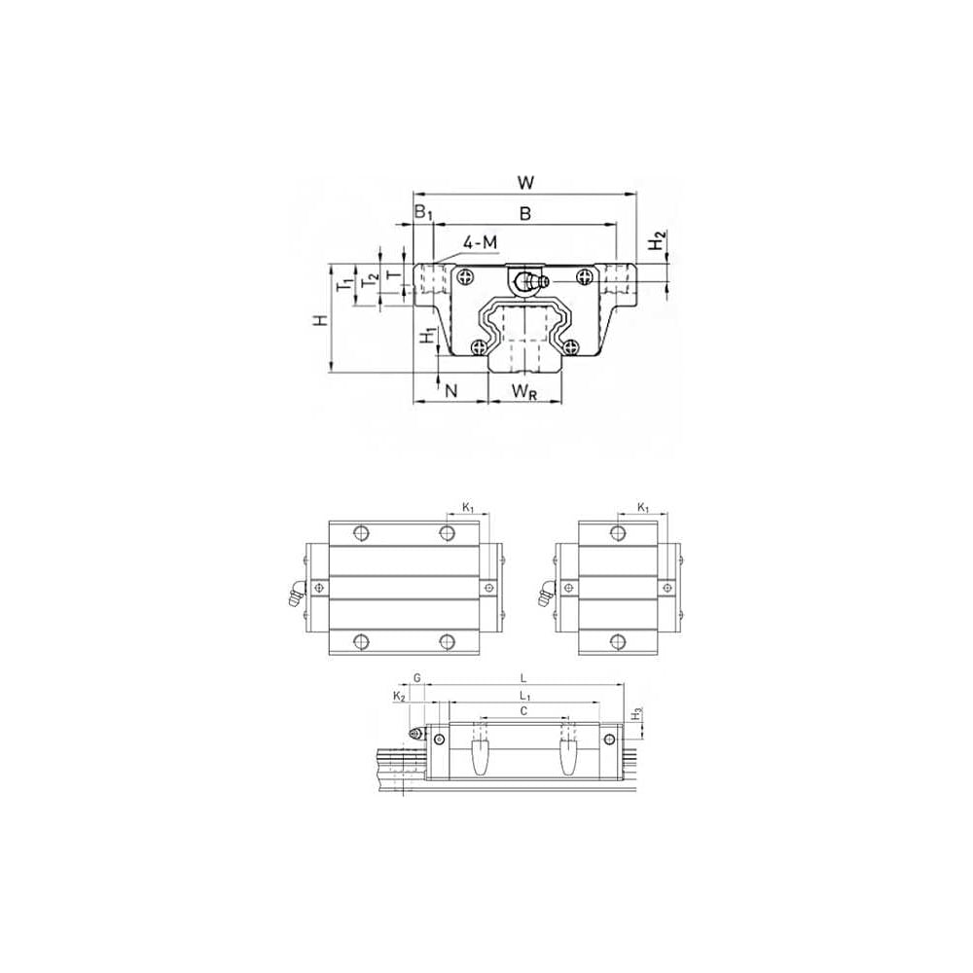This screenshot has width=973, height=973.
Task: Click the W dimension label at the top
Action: (x=525, y=183)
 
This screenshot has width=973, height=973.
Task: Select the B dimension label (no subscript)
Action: (x=525, y=213)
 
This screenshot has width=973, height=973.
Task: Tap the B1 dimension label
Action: (x=423, y=213)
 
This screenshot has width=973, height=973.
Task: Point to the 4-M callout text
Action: (x=481, y=242)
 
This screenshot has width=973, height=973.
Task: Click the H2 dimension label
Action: (x=658, y=240)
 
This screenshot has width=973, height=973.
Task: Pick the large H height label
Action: (x=319, y=320)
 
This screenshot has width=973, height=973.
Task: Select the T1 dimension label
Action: (x=343, y=285)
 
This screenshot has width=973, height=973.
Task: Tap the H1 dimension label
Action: (x=428, y=336)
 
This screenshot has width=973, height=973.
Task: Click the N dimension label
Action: (x=451, y=390)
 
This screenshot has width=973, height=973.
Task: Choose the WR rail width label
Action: (x=523, y=391)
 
